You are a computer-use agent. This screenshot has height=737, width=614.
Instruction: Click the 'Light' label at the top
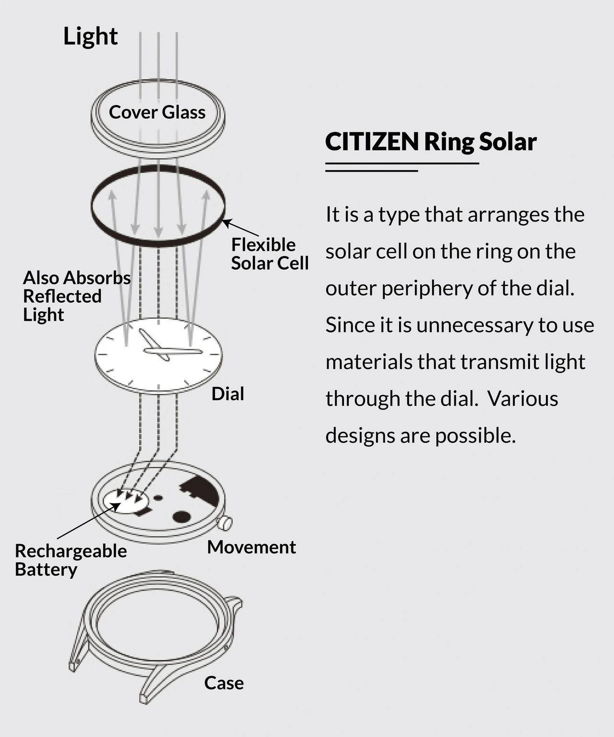point(90,36)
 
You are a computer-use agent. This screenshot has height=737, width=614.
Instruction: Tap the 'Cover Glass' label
point(157,112)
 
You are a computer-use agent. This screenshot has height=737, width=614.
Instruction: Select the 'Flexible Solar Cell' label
point(270,254)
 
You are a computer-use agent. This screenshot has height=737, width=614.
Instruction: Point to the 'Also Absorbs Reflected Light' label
point(76,296)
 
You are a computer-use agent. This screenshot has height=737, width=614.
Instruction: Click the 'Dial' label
point(228,394)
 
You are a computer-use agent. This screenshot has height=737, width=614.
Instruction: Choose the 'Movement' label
point(251,547)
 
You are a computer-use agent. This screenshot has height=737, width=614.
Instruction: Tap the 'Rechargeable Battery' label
point(71,560)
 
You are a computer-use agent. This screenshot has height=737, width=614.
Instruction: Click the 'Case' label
point(224,683)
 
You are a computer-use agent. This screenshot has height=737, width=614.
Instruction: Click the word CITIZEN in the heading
point(372,142)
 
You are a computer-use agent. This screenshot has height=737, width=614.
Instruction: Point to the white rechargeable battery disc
point(124,501)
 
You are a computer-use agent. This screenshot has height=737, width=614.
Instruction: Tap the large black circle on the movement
point(182,516)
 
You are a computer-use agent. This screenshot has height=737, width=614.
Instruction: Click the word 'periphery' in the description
point(411,289)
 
